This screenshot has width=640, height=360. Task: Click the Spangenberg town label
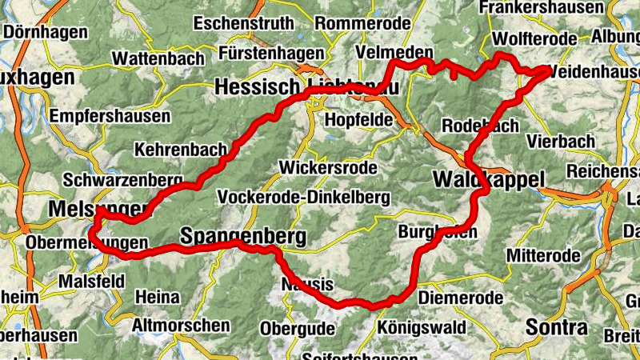244,237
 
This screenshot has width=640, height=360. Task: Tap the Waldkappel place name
488,179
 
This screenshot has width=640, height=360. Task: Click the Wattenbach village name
157,58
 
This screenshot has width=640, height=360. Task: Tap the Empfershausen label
110,116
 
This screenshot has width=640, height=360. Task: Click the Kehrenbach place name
175,150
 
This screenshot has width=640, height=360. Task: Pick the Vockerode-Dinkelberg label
303,197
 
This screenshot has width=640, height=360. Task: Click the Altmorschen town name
182,326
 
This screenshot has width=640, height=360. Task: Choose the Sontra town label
556,327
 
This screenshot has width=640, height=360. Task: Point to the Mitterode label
543,256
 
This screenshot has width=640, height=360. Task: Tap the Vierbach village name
561,141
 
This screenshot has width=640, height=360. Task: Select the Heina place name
157,298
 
